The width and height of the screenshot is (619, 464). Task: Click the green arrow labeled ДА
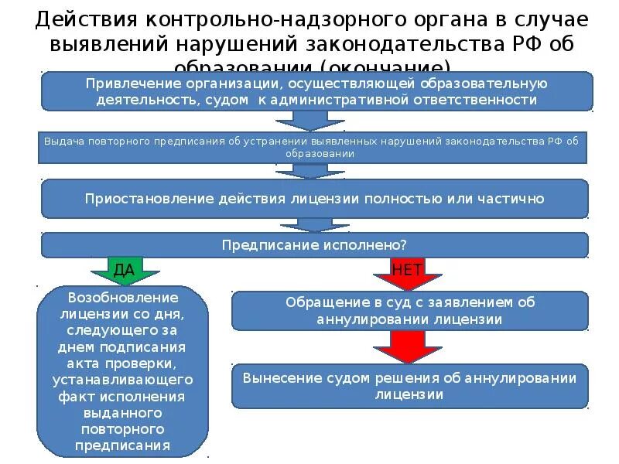click(124, 271)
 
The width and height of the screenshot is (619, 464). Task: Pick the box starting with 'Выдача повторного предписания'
click(311, 147)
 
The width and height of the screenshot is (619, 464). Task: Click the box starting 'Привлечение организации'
click(316, 92)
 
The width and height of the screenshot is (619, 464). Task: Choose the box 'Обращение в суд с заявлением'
click(410, 310)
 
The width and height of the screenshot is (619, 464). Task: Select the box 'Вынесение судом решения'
click(410, 386)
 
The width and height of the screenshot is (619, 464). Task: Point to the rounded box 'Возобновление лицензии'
click(123, 371)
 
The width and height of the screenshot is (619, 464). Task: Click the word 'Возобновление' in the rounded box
click(123, 298)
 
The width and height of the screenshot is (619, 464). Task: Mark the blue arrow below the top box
click(312, 120)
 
